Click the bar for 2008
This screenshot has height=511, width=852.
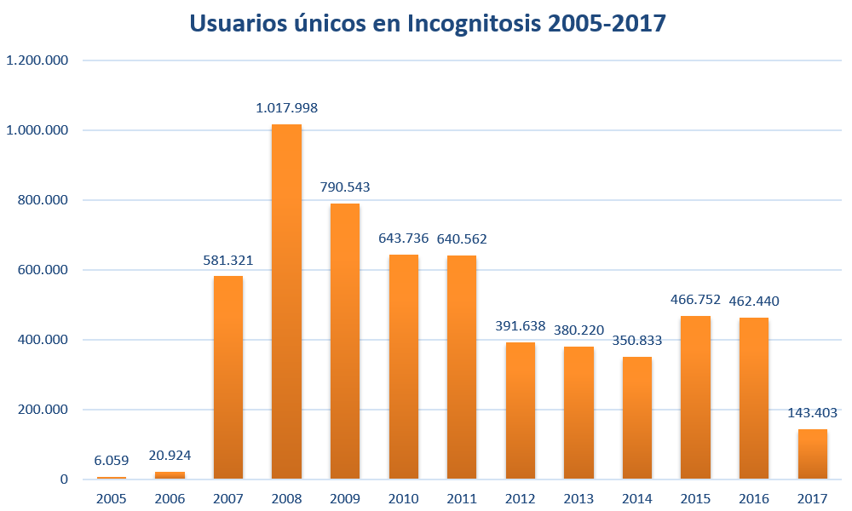[x=286, y=301]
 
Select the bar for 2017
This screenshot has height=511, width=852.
[x=813, y=453]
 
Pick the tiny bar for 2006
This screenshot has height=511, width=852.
[x=170, y=474]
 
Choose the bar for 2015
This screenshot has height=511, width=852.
[x=696, y=397]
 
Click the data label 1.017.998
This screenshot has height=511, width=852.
[x=286, y=108]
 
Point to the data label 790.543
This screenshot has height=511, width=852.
[x=345, y=187]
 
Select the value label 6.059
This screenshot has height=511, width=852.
[x=112, y=460]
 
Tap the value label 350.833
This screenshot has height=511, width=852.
[x=637, y=341]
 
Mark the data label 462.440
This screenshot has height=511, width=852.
[x=754, y=301]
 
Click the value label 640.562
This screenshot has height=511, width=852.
[x=462, y=238]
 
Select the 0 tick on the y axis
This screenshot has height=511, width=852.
[x=64, y=479]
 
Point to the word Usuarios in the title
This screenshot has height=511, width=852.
[x=239, y=23]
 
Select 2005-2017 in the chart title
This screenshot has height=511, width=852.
[x=607, y=23]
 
